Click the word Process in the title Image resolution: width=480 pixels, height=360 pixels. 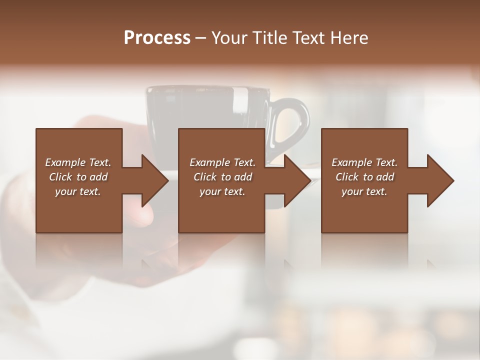tap(157, 38)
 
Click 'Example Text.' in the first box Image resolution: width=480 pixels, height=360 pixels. tap(78, 162)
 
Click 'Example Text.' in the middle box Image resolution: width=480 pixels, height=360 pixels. tap(222, 162)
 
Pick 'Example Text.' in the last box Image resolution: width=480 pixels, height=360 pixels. tap(364, 162)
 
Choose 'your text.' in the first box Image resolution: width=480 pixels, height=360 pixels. tap(78, 191)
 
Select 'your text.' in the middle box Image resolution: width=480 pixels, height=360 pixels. tap(222, 191)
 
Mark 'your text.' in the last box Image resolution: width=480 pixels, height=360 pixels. tap(364, 191)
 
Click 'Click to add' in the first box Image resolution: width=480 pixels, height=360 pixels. tap(78, 177)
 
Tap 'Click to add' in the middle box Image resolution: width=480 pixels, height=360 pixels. tap(222, 177)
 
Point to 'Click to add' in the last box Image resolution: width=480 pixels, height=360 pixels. tap(364, 177)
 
